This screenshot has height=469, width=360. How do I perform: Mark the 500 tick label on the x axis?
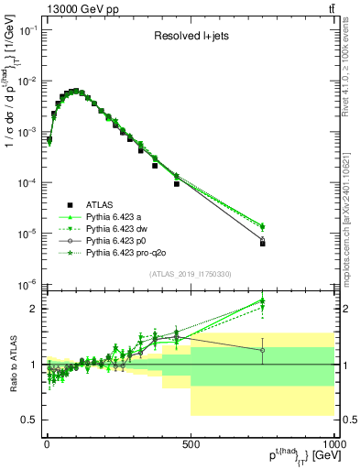click(x=191, y=444)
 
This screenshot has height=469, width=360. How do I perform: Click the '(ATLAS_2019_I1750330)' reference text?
click(x=190, y=274)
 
